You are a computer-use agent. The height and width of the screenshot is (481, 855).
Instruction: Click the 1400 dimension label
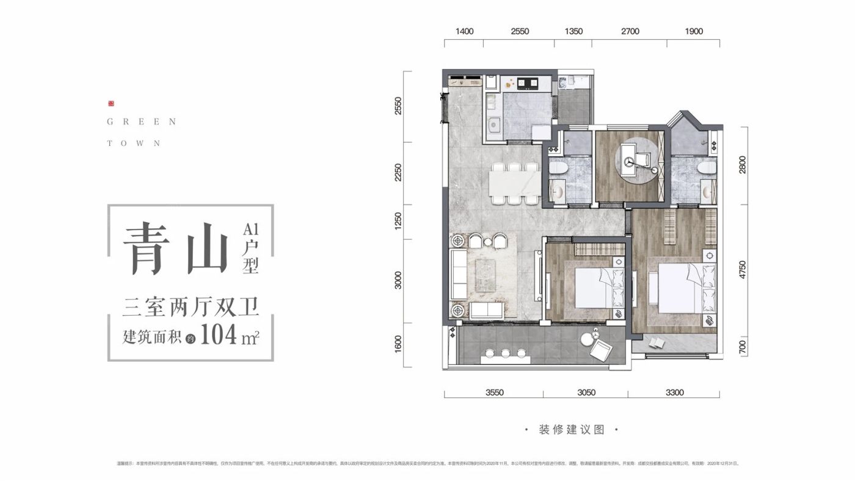point(464,32)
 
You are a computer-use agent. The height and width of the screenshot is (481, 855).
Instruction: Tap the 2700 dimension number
point(630,32)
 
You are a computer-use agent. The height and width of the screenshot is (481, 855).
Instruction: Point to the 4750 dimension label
point(743,270)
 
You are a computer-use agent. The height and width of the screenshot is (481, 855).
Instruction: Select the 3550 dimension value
point(494,392)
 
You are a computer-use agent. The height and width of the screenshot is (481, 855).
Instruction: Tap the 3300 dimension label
point(674,392)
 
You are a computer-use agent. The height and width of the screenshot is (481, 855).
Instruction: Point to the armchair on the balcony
point(600,350)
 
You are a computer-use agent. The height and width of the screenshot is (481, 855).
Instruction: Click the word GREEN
point(142,122)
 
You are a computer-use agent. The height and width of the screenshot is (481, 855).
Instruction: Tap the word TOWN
point(134,143)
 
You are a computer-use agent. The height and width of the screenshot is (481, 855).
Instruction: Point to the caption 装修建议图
point(572,430)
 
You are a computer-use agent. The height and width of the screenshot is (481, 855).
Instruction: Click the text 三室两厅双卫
point(191,308)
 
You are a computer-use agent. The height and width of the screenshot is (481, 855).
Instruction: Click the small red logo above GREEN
point(111,104)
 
